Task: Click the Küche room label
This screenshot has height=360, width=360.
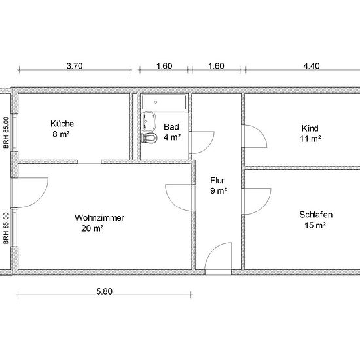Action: click(62, 124)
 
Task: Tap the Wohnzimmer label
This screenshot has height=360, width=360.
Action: click(99, 218)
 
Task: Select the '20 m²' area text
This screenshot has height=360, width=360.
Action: click(92, 228)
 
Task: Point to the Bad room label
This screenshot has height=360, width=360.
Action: click(171, 127)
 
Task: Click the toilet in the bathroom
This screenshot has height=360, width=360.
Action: click(149, 138)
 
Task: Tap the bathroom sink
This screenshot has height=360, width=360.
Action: click(149, 121)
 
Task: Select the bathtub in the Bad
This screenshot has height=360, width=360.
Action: click(164, 103)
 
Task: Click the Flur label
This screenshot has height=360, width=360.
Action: click(217, 181)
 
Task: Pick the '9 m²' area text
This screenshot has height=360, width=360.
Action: click(219, 190)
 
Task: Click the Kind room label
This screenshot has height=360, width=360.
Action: click(310, 128)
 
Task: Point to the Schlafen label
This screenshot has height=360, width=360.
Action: click(315, 215)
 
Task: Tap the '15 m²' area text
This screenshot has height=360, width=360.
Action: click(315, 225)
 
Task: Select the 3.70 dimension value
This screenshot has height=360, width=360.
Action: click(75, 66)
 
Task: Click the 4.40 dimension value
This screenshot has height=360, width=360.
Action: click(312, 66)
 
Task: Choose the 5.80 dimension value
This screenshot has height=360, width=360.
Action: click(104, 291)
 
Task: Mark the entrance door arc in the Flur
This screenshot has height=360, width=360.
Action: click(212, 250)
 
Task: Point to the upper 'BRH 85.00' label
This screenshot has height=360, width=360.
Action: click(6, 132)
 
